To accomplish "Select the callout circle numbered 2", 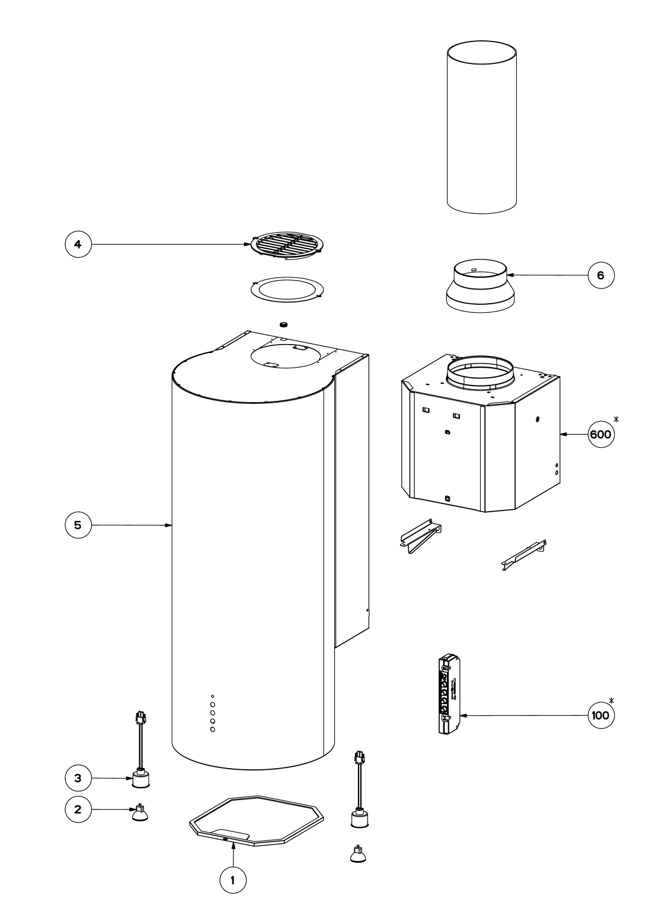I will [78, 810].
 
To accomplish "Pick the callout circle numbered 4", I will [78, 243].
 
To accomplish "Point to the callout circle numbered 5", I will [78, 525].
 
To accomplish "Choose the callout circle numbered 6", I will [601, 275].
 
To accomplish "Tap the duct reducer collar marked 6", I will [480, 286].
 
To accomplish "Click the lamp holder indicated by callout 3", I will [141, 778].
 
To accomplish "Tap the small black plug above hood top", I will [283, 324].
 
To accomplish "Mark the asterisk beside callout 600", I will [617, 420].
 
